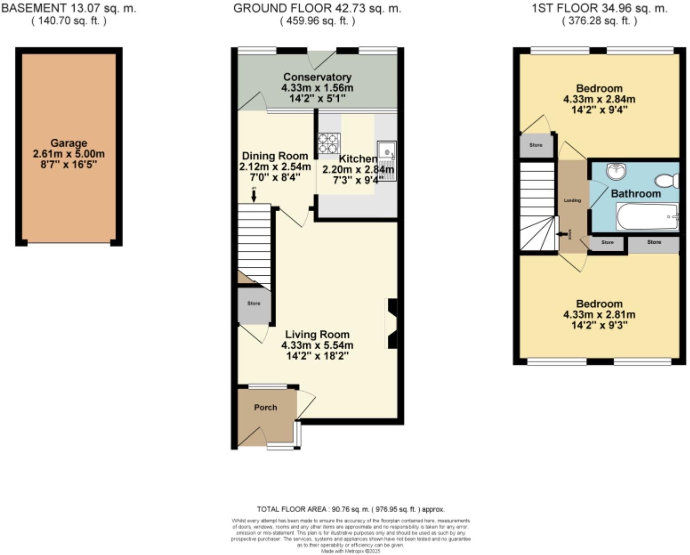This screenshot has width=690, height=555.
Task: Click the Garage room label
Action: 68,143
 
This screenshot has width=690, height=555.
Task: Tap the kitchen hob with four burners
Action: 329,144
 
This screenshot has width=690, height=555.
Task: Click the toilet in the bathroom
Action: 667,181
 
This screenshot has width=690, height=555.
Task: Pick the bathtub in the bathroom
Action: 647,217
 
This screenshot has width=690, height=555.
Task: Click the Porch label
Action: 265,407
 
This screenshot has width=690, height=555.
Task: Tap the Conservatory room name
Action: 317,77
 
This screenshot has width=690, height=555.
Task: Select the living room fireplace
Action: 392,323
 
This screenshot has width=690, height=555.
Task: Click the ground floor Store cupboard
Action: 254,304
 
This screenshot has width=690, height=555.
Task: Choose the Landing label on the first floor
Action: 572,201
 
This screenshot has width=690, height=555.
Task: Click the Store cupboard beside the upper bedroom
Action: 536,145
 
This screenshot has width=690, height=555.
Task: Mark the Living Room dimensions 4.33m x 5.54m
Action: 317,345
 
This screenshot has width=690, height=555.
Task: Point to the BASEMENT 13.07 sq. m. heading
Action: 69,8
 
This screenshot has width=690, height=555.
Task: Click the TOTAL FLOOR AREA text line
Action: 350,509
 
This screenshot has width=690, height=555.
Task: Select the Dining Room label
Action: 275,156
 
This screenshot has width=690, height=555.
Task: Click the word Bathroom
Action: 636,193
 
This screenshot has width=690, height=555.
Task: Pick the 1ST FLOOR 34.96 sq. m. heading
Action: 599,8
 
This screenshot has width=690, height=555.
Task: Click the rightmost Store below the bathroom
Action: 654,242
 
